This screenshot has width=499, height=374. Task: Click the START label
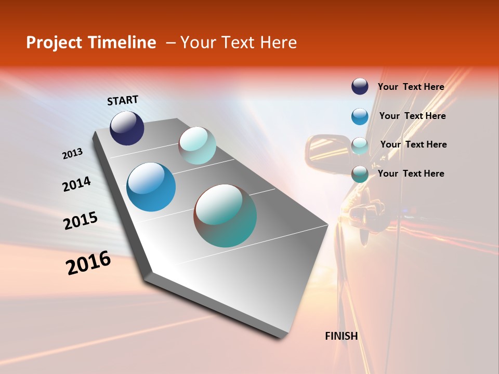coord(123,100)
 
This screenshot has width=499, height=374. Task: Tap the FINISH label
coord(342,336)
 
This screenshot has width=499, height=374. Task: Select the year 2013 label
coord(72,154)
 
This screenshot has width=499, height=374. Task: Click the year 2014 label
coord(76,184)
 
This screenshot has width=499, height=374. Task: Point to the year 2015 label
coord(81,220)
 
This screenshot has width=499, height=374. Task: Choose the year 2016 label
coord(88,263)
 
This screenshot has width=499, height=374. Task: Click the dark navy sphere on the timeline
coord(127,128)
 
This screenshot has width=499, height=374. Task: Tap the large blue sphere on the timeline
coord(151,187)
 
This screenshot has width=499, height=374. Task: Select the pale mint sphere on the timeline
coord(197,145)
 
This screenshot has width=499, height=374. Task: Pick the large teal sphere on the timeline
coord(225,216)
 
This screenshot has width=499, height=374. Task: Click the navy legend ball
coord(360,86)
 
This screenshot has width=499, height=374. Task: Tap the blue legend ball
coord(360,116)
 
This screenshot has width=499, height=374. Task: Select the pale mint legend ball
coord(360,145)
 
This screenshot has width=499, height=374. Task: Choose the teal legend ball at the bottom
coord(360,174)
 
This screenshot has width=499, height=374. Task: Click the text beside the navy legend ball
coord(411,87)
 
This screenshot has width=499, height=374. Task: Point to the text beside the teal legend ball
coord(411,173)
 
